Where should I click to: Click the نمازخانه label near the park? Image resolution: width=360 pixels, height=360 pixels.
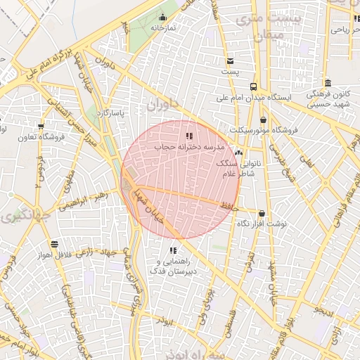coord(162,27)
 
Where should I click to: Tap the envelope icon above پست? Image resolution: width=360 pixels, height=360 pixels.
coord(230,61)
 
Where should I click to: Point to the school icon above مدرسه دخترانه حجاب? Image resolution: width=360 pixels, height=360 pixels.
coord(188,136)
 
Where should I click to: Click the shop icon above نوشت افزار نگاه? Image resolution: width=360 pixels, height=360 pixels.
coord(262,213)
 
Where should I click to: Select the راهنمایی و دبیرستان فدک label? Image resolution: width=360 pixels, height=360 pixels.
coord(173,265)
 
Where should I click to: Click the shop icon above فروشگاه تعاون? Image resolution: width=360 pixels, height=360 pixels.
coord(41,127)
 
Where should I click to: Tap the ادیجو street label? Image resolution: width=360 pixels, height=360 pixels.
coord(328,310)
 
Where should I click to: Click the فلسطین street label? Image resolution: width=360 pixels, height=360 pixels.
coord(233,324)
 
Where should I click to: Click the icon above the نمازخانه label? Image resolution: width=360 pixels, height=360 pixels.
coord(162,18)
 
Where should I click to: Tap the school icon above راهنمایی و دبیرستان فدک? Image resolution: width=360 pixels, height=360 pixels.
coord(173,250)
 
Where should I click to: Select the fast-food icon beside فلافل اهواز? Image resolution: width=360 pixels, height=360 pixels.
coord(54,245)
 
